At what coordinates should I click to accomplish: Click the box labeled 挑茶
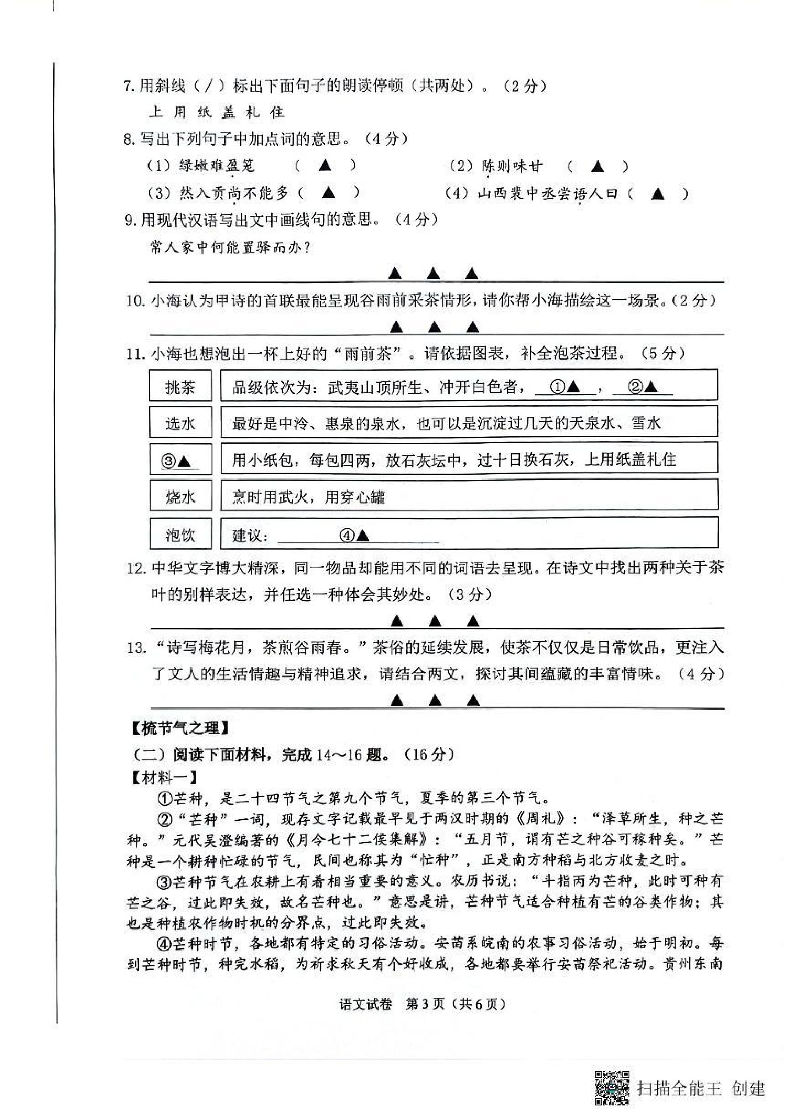180,386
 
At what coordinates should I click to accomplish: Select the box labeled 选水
180,422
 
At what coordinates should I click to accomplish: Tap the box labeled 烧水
180,496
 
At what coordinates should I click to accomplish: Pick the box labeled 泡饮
180,534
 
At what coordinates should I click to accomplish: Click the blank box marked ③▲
180,460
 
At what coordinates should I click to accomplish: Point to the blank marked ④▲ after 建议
357,535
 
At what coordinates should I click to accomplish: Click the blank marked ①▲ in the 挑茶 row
565,387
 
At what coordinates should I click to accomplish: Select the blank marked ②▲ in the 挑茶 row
643,387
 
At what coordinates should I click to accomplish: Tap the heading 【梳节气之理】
179,728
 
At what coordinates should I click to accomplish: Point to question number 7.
128,86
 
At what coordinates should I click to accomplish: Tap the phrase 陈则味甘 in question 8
512,167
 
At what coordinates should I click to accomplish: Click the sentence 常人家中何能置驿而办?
230,248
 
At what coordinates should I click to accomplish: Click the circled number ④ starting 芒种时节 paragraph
163,944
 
